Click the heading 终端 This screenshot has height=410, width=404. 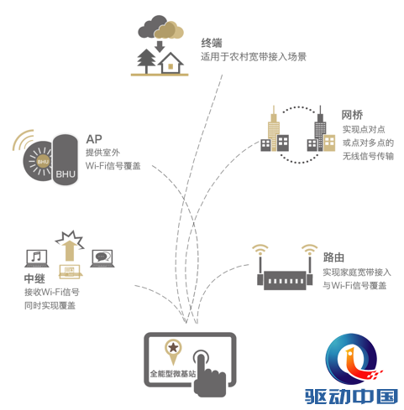pyautogui.click(x=212, y=43)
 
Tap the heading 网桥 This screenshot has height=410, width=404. pyautogui.click(x=352, y=115)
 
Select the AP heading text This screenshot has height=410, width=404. pyautogui.click(x=94, y=139)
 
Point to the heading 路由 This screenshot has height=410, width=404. pyautogui.click(x=333, y=257)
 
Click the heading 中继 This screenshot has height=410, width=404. pyautogui.click(x=34, y=278)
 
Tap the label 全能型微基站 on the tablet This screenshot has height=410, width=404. pyautogui.click(x=173, y=373)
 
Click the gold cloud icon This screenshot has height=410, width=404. pyautogui.click(x=170, y=30)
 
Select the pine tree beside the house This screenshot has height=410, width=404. pyautogui.click(x=146, y=61)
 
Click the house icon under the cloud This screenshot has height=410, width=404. pyautogui.click(x=171, y=63)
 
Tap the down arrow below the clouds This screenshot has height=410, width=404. pyautogui.click(x=160, y=46)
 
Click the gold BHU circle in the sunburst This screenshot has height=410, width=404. pyautogui.click(x=43, y=162)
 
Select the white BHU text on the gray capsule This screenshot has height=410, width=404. pyautogui.click(x=66, y=174)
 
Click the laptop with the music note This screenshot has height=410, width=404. pyautogui.click(x=37, y=258)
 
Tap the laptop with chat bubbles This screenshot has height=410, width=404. pyautogui.click(x=102, y=258)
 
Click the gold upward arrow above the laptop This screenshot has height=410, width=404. pyautogui.click(x=69, y=251)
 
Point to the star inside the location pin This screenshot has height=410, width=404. pyautogui.click(x=173, y=347)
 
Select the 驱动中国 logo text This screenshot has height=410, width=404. pyautogui.click(x=351, y=397)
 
